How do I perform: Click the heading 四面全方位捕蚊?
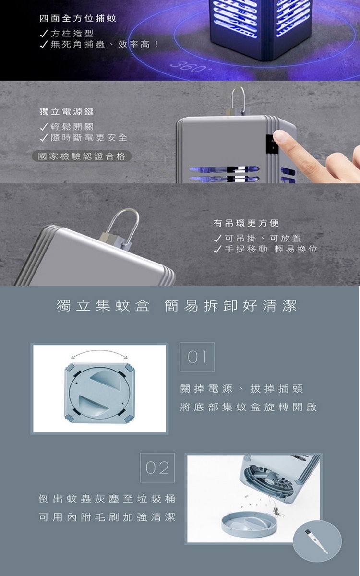click(78, 18)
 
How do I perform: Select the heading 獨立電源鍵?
click(67, 111)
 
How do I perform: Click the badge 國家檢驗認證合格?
click(82, 156)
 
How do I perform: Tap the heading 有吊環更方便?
click(246, 223)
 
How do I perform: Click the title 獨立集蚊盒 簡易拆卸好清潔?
click(177, 306)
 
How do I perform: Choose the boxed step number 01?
click(197, 357)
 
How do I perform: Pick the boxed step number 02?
click(157, 468)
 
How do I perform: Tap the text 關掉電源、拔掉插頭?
click(242, 388)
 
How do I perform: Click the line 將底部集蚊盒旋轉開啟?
click(249, 407)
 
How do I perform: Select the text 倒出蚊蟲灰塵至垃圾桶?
click(107, 499)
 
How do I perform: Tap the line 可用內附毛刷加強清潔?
click(107, 517)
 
